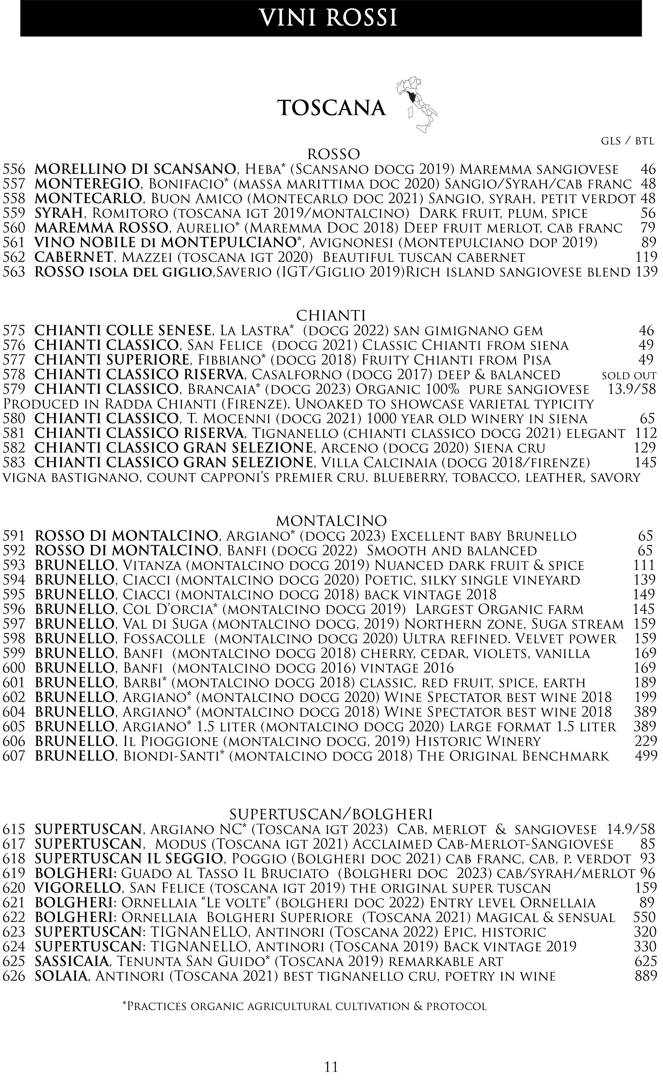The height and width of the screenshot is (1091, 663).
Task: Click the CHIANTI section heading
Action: pos(331,315)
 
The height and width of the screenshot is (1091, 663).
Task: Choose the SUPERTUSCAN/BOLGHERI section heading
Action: pos(331,814)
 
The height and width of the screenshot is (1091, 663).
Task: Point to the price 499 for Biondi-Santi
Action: pos(646,756)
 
